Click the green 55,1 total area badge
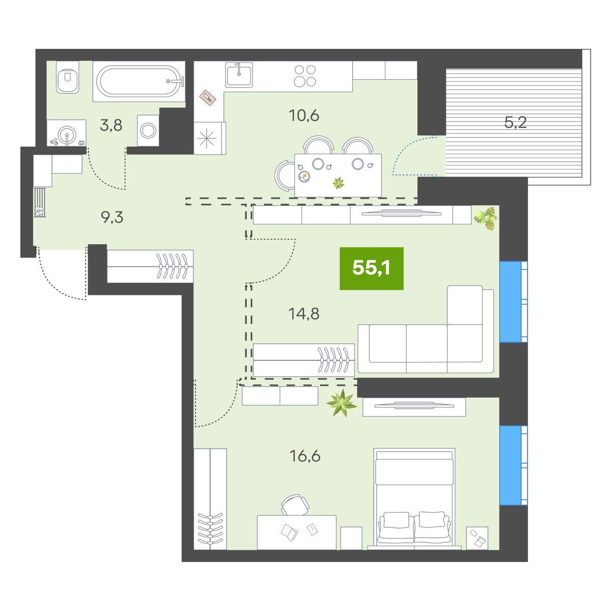tap(371, 268)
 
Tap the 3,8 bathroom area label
tap(111, 126)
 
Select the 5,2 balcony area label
tap(515, 122)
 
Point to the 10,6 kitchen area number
tap(304, 116)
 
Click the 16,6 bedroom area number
tap(304, 456)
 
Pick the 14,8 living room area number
tap(304, 314)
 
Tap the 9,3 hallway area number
tap(112, 218)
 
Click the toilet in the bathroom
tap(68, 77)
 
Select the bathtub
tap(139, 81)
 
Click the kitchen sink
tap(239, 75)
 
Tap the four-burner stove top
tap(304, 76)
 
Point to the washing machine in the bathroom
tap(148, 130)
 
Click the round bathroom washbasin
tap(67, 133)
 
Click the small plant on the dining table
tap(339, 183)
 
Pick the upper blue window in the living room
tap(513, 302)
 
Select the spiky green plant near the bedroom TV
tap(342, 403)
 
